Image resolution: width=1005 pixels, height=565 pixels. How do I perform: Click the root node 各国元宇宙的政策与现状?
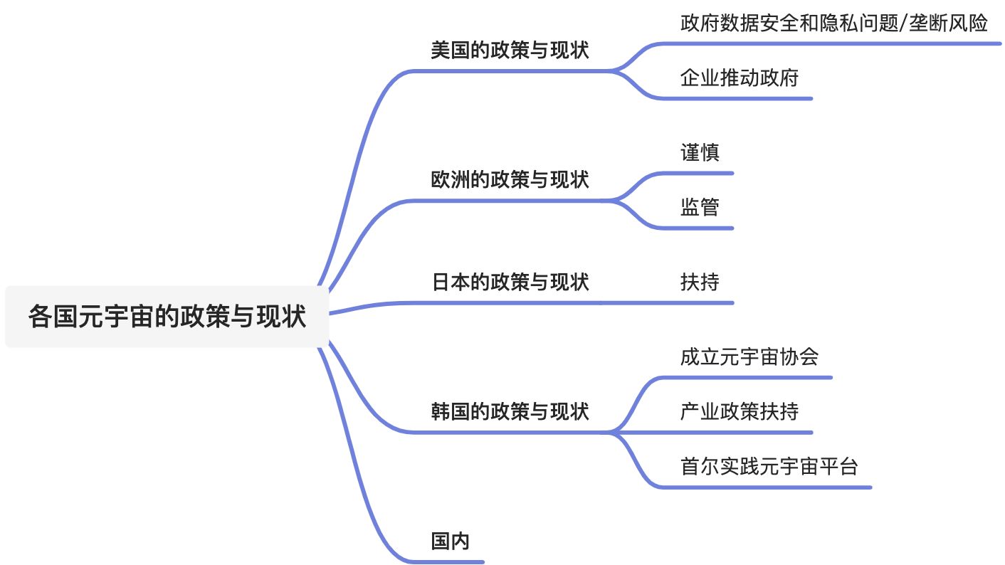(x=167, y=317)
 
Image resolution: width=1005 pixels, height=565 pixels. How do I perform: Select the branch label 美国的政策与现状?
(x=510, y=51)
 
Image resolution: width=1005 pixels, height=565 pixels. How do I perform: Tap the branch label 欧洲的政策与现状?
(x=510, y=179)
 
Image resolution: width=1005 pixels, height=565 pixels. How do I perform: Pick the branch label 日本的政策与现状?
(x=510, y=282)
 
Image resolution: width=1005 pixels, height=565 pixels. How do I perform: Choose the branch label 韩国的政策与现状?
(x=510, y=411)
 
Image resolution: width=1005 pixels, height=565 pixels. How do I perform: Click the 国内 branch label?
(x=451, y=542)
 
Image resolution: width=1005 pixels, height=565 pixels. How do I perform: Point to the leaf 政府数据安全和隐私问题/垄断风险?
(x=833, y=23)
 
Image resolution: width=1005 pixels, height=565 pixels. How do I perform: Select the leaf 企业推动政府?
(x=739, y=78)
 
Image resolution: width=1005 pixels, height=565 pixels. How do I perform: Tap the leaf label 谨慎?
(x=700, y=152)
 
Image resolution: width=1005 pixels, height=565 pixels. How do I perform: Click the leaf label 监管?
(x=700, y=207)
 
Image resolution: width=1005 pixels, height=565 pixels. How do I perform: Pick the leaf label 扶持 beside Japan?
(x=700, y=282)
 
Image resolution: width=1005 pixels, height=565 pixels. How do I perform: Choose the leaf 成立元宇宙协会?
(x=749, y=357)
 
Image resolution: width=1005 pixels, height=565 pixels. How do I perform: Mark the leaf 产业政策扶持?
(x=739, y=411)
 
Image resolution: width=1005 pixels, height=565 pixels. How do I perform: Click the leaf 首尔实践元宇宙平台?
(x=769, y=467)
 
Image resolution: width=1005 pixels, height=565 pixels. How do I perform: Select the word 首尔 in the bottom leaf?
(x=700, y=467)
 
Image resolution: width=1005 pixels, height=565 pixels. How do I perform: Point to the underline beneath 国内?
(x=456, y=562)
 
